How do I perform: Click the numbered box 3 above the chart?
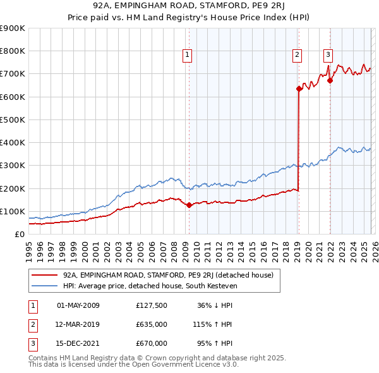(328, 54)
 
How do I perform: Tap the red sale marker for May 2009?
(189, 205)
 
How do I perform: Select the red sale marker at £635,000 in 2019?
(299, 89)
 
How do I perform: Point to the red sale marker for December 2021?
(330, 81)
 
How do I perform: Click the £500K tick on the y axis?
(12, 119)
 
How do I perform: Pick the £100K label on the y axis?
(12, 211)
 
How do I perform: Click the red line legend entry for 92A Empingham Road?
(167, 275)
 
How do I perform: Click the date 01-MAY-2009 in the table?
(78, 305)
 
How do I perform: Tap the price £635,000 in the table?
(152, 324)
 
